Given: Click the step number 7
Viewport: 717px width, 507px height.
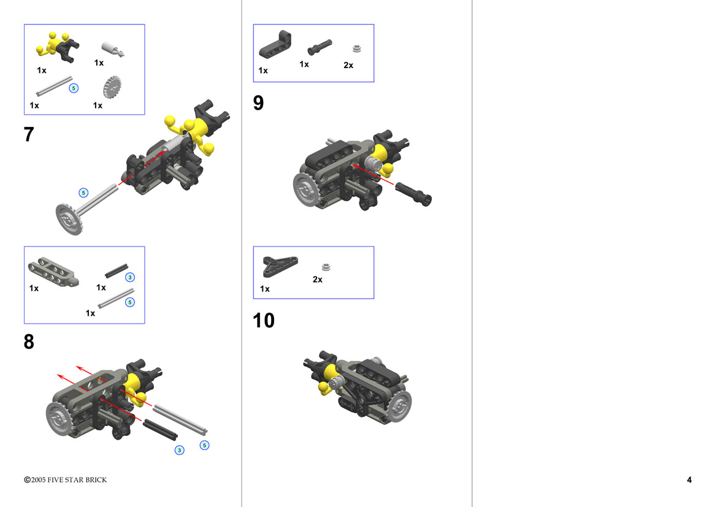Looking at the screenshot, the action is tap(29, 134).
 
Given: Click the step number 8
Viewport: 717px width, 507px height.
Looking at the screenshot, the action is tap(29, 341).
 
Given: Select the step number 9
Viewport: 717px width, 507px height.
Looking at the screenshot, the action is tap(258, 103).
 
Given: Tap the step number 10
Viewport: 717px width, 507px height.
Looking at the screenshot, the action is tap(263, 321).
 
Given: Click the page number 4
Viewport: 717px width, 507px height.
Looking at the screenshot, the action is tap(689, 479).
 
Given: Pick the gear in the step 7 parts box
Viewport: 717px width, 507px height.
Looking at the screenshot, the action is tap(112, 87).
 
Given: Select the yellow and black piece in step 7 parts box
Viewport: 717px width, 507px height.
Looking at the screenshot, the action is tap(58, 47).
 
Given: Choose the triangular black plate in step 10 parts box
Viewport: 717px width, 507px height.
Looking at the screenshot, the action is tap(280, 266).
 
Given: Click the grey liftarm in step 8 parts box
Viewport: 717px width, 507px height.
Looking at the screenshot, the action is tap(53, 272).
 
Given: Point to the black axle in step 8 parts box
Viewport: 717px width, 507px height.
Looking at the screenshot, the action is tap(116, 270).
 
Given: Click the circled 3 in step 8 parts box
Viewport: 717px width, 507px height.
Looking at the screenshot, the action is tap(130, 277).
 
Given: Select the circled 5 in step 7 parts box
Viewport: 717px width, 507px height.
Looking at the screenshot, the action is tap(74, 88).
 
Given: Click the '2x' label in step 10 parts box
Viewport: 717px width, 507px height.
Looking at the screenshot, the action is tap(317, 280).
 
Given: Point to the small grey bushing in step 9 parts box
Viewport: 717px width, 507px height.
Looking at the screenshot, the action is tap(357, 48).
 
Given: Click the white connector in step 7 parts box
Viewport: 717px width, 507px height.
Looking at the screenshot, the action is tap(112, 49).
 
